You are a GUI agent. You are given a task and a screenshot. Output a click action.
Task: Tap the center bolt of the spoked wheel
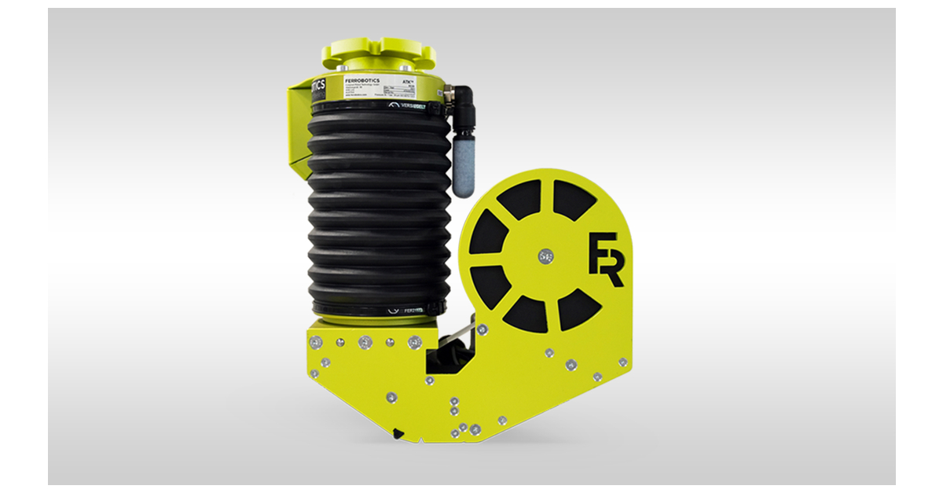[546, 256]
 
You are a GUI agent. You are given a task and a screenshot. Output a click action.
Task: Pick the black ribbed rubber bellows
[378, 212]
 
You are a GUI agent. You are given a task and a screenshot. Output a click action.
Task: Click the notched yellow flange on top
[379, 53]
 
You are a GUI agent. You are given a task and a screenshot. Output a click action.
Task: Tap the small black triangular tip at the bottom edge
[399, 431]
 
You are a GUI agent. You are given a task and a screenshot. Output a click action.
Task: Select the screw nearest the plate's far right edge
[622, 362]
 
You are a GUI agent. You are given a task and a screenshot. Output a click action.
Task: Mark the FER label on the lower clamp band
[413, 311]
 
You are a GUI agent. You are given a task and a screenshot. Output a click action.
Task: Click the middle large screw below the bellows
[365, 342]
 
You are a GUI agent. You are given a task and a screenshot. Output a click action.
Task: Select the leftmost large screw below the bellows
[315, 342]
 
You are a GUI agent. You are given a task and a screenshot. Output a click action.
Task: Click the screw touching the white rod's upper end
[482, 329]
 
